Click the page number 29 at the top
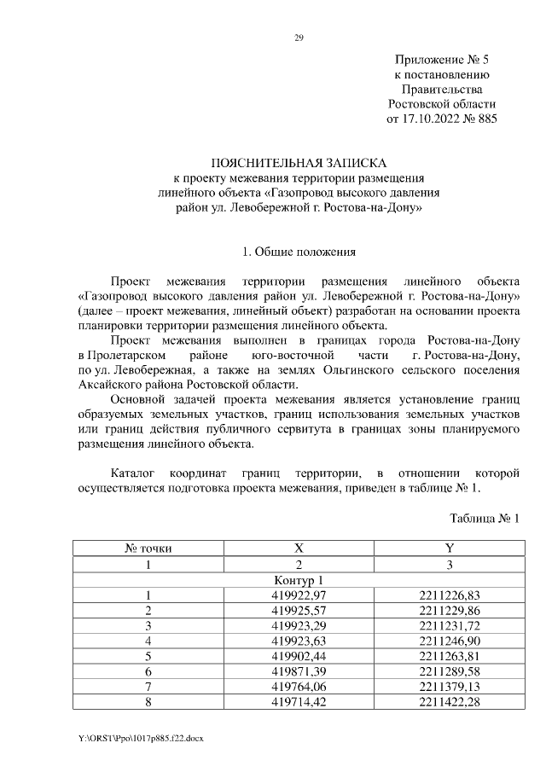pyautogui.click(x=299, y=38)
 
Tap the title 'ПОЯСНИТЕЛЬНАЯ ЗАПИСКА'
pyautogui.click(x=299, y=162)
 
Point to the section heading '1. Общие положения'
pyautogui.click(x=299, y=252)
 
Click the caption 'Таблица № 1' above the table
pyautogui.click(x=484, y=518)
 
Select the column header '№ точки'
pyautogui.click(x=148, y=549)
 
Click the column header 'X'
pyautogui.click(x=299, y=549)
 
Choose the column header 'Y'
pyautogui.click(x=449, y=549)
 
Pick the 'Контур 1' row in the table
pyautogui.click(x=299, y=580)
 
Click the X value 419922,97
pyautogui.click(x=299, y=595)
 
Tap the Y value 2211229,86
pyautogui.click(x=449, y=611)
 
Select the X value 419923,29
pyautogui.click(x=299, y=626)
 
